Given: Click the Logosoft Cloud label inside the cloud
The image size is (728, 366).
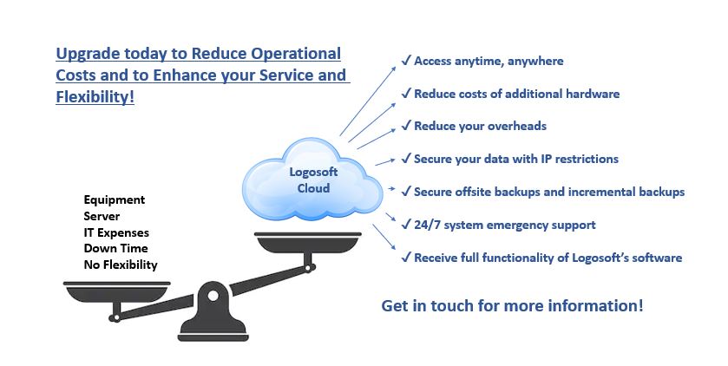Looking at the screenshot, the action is (x=312, y=180).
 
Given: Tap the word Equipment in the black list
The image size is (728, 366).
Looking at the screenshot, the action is (x=114, y=200).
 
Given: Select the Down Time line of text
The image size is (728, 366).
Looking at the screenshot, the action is (x=113, y=249).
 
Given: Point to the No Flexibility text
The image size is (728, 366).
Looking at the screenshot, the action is (x=121, y=265).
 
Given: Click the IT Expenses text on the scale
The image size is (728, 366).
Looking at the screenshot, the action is (x=116, y=232).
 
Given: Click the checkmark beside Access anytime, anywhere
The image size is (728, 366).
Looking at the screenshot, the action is (x=405, y=61).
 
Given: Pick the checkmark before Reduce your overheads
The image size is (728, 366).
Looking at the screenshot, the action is (x=405, y=127).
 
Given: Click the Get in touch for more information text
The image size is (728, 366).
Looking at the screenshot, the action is (x=512, y=306).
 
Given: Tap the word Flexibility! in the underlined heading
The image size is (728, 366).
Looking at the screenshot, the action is (x=95, y=96).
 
